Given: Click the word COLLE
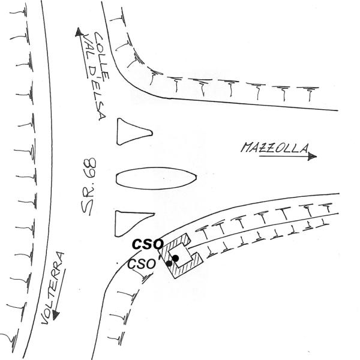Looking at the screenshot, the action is (102, 56).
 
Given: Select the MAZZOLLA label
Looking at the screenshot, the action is (275, 148).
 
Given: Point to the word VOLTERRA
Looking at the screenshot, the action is (53, 288).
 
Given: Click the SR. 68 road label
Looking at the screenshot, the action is (89, 187).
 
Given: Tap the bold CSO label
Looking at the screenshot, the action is (148, 244).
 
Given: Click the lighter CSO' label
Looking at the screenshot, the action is (142, 263).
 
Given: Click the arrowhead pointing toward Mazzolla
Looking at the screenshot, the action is (313, 157).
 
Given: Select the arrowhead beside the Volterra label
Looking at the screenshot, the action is (56, 315).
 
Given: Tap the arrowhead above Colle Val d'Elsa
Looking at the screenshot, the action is (79, 32).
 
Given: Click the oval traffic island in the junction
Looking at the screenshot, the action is (157, 178).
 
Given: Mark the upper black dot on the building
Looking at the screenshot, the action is (175, 258).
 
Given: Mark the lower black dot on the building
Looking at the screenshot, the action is (169, 263).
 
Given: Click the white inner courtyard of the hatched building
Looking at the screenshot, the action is (181, 256).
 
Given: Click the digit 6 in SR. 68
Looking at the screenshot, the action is (90, 174).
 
